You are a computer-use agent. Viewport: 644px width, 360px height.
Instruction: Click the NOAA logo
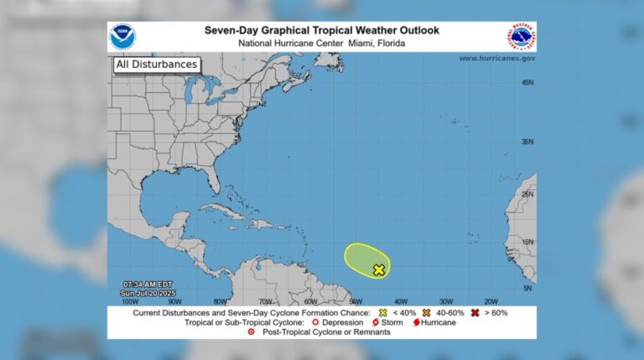pyautogui.click(x=122, y=37)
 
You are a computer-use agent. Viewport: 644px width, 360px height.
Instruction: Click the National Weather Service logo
pyautogui.click(x=521, y=38)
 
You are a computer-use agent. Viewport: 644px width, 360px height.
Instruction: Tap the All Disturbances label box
pyautogui.click(x=157, y=64)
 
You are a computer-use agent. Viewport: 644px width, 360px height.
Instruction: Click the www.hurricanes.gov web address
pyautogui.click(x=496, y=58)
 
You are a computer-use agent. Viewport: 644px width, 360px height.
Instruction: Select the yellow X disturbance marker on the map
pyautogui.click(x=379, y=269)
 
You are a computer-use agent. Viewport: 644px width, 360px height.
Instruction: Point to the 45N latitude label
pyautogui.click(x=527, y=82)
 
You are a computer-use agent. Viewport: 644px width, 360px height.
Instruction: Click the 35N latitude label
pyautogui.click(x=527, y=142)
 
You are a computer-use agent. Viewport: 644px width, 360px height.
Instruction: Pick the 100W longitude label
pyautogui.click(x=130, y=300)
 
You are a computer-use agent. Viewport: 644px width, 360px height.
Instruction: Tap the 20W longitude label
pyautogui.click(x=491, y=300)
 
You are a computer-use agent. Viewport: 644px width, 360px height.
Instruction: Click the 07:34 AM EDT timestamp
pyautogui.click(x=148, y=283)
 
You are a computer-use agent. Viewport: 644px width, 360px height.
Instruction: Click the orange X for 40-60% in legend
pyautogui.click(x=427, y=312)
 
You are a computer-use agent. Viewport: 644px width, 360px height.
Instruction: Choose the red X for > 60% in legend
pyautogui.click(x=475, y=312)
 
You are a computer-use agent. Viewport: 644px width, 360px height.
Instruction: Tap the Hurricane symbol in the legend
pyautogui.click(x=415, y=322)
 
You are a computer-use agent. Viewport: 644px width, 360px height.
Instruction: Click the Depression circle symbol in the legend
pyautogui.click(x=314, y=322)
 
